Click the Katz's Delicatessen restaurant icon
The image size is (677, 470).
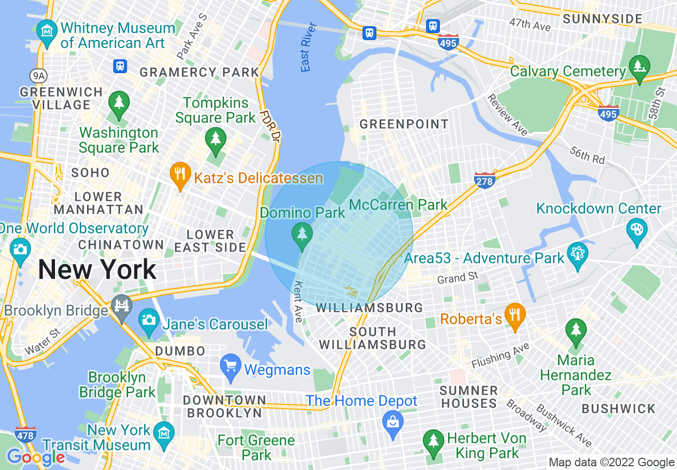180,174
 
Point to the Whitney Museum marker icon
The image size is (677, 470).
48,31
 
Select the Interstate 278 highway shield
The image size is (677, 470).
484,179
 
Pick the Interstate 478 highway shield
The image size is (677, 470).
26,434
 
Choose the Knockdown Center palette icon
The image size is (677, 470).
637,231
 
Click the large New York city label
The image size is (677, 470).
97,269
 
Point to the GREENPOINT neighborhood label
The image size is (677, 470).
404,124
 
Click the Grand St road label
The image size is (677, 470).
458,278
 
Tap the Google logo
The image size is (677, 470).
36,458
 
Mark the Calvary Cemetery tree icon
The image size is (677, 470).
639,66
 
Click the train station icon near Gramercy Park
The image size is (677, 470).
120,66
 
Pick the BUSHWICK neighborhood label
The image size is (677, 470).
618,409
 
